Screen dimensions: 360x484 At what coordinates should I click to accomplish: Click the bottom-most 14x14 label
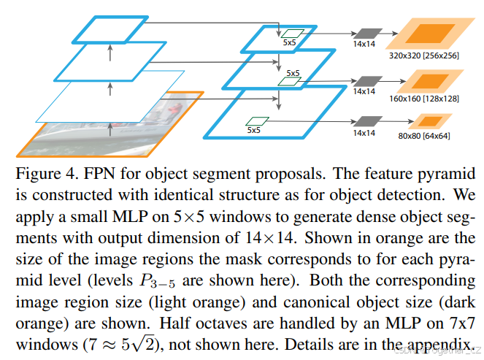(x=364, y=134)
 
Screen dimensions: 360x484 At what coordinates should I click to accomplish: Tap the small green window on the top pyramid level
(x=293, y=34)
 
